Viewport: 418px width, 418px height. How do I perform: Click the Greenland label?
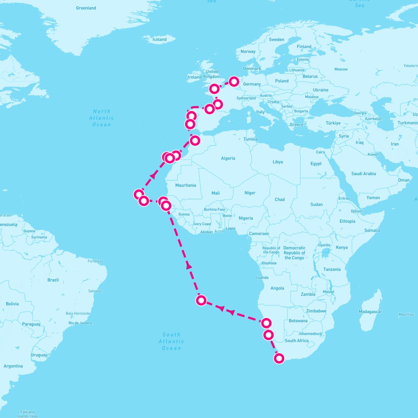pos(86,8)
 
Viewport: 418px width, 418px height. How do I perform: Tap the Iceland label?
pos(160,39)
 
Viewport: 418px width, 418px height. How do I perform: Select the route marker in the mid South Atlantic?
pos(201,300)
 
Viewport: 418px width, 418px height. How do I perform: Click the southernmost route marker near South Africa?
pos(279,358)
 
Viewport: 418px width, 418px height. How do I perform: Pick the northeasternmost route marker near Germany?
pos(234,82)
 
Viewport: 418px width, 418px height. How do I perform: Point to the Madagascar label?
pos(370,312)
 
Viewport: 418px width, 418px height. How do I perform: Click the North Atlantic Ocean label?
pos(101,118)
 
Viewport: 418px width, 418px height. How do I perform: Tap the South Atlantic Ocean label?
pos(171,341)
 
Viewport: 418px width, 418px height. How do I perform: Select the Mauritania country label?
pos(186,185)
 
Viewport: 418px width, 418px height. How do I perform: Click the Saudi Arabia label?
pos(364,173)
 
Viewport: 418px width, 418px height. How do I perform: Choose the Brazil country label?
pos(53,280)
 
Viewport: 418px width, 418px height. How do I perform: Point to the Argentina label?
pos(13,366)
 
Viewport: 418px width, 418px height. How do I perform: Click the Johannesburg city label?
pos(310,334)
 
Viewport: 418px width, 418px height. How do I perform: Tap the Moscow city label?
pos(341,69)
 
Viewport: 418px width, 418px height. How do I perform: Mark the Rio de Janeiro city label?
pos(80,323)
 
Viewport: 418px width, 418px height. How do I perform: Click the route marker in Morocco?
pos(195,140)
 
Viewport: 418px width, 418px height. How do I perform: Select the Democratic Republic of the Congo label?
pos(294,253)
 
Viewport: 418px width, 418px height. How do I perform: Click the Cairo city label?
pos(320,152)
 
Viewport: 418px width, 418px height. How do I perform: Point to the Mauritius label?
pos(407,315)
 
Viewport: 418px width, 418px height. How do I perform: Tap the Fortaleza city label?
pos(95,261)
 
